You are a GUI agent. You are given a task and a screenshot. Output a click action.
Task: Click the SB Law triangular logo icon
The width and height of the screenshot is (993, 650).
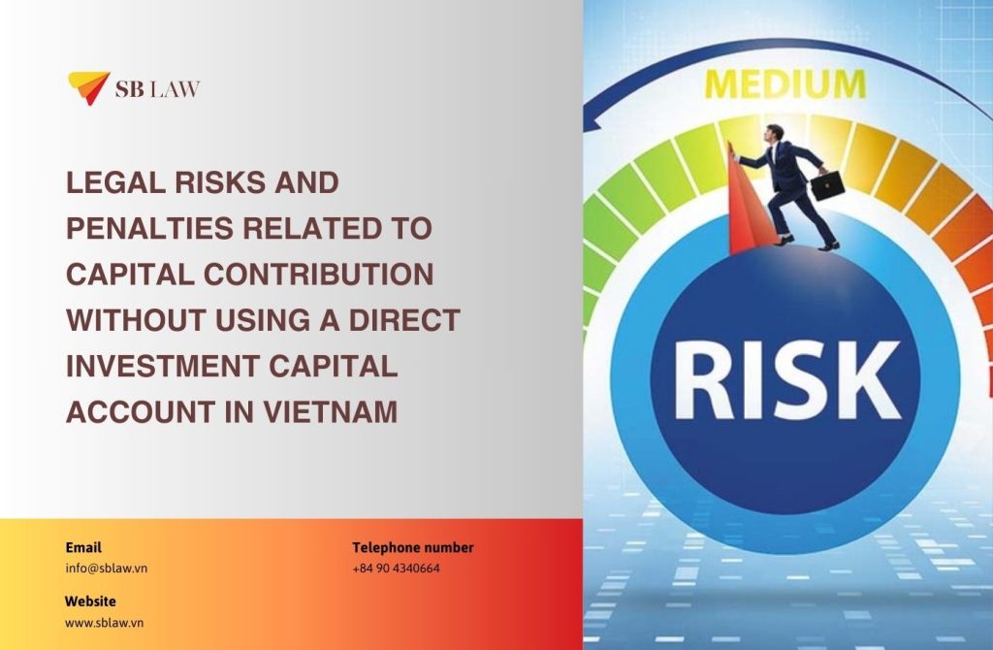click(x=88, y=87)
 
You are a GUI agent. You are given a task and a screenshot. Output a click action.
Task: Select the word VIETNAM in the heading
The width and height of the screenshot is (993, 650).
click(x=330, y=411)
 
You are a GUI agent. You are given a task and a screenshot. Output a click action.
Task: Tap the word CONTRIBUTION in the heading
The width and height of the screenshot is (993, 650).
click(x=318, y=275)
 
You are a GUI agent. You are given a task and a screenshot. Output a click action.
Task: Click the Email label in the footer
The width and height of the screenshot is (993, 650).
click(x=83, y=547)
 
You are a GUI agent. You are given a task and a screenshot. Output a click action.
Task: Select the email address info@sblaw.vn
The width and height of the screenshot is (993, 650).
click(x=107, y=568)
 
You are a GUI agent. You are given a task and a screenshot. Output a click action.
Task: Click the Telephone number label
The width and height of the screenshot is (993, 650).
click(x=413, y=547)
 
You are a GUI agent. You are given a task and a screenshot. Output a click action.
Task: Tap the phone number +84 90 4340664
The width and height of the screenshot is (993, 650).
click(x=396, y=569)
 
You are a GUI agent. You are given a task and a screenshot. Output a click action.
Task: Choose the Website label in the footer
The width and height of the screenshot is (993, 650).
click(x=90, y=601)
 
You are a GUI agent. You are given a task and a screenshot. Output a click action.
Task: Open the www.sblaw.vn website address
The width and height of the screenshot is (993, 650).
click(x=105, y=623)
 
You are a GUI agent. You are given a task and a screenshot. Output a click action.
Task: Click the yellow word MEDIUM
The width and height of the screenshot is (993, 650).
click(x=785, y=85)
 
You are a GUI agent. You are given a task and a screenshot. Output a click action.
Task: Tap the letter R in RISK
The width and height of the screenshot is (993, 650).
click(x=704, y=380)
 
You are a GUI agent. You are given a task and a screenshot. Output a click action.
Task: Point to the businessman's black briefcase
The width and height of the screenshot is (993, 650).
click(x=827, y=185)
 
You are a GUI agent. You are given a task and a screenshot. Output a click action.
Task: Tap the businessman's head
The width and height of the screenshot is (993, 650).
click(x=774, y=133)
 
